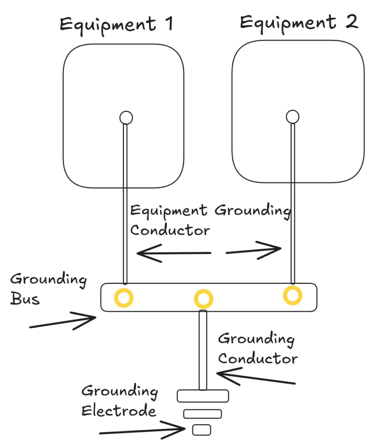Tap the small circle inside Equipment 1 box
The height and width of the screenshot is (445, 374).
click(126, 117)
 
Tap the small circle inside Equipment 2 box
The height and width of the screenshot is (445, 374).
click(292, 116)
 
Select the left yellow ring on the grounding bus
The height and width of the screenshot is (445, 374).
click(123, 298)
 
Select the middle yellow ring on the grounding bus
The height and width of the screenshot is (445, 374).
click(203, 299)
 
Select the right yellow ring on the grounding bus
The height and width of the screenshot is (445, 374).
click(293, 295)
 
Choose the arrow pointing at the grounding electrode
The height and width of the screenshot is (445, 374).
click(144, 430)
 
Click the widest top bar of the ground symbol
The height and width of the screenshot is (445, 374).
click(203, 395)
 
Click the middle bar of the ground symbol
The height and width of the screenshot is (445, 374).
click(202, 414)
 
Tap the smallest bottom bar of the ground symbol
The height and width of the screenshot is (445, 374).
click(202, 430)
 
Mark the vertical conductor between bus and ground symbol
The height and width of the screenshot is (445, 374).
click(202, 350)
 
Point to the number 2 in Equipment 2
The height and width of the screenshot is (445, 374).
click(351, 21)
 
